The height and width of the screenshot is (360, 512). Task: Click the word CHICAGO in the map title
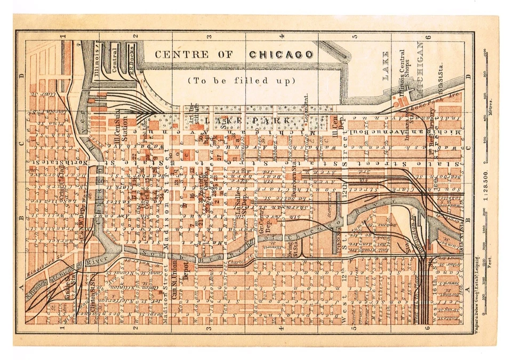[x=281, y=54]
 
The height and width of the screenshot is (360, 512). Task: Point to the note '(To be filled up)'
[x=242, y=81]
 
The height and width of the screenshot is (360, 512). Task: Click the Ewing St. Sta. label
[x=291, y=250]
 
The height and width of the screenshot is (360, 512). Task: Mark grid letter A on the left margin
[x=22, y=289]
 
